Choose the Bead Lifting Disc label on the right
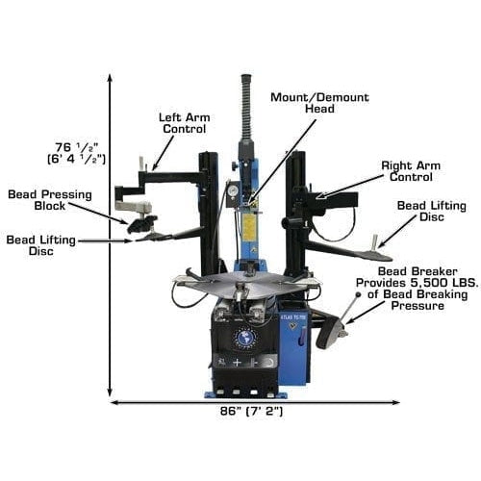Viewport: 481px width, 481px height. [427, 213]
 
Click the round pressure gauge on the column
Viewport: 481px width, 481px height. [232, 190]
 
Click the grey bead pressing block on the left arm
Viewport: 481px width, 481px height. [132, 205]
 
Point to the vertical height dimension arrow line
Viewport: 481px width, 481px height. [111, 240]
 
